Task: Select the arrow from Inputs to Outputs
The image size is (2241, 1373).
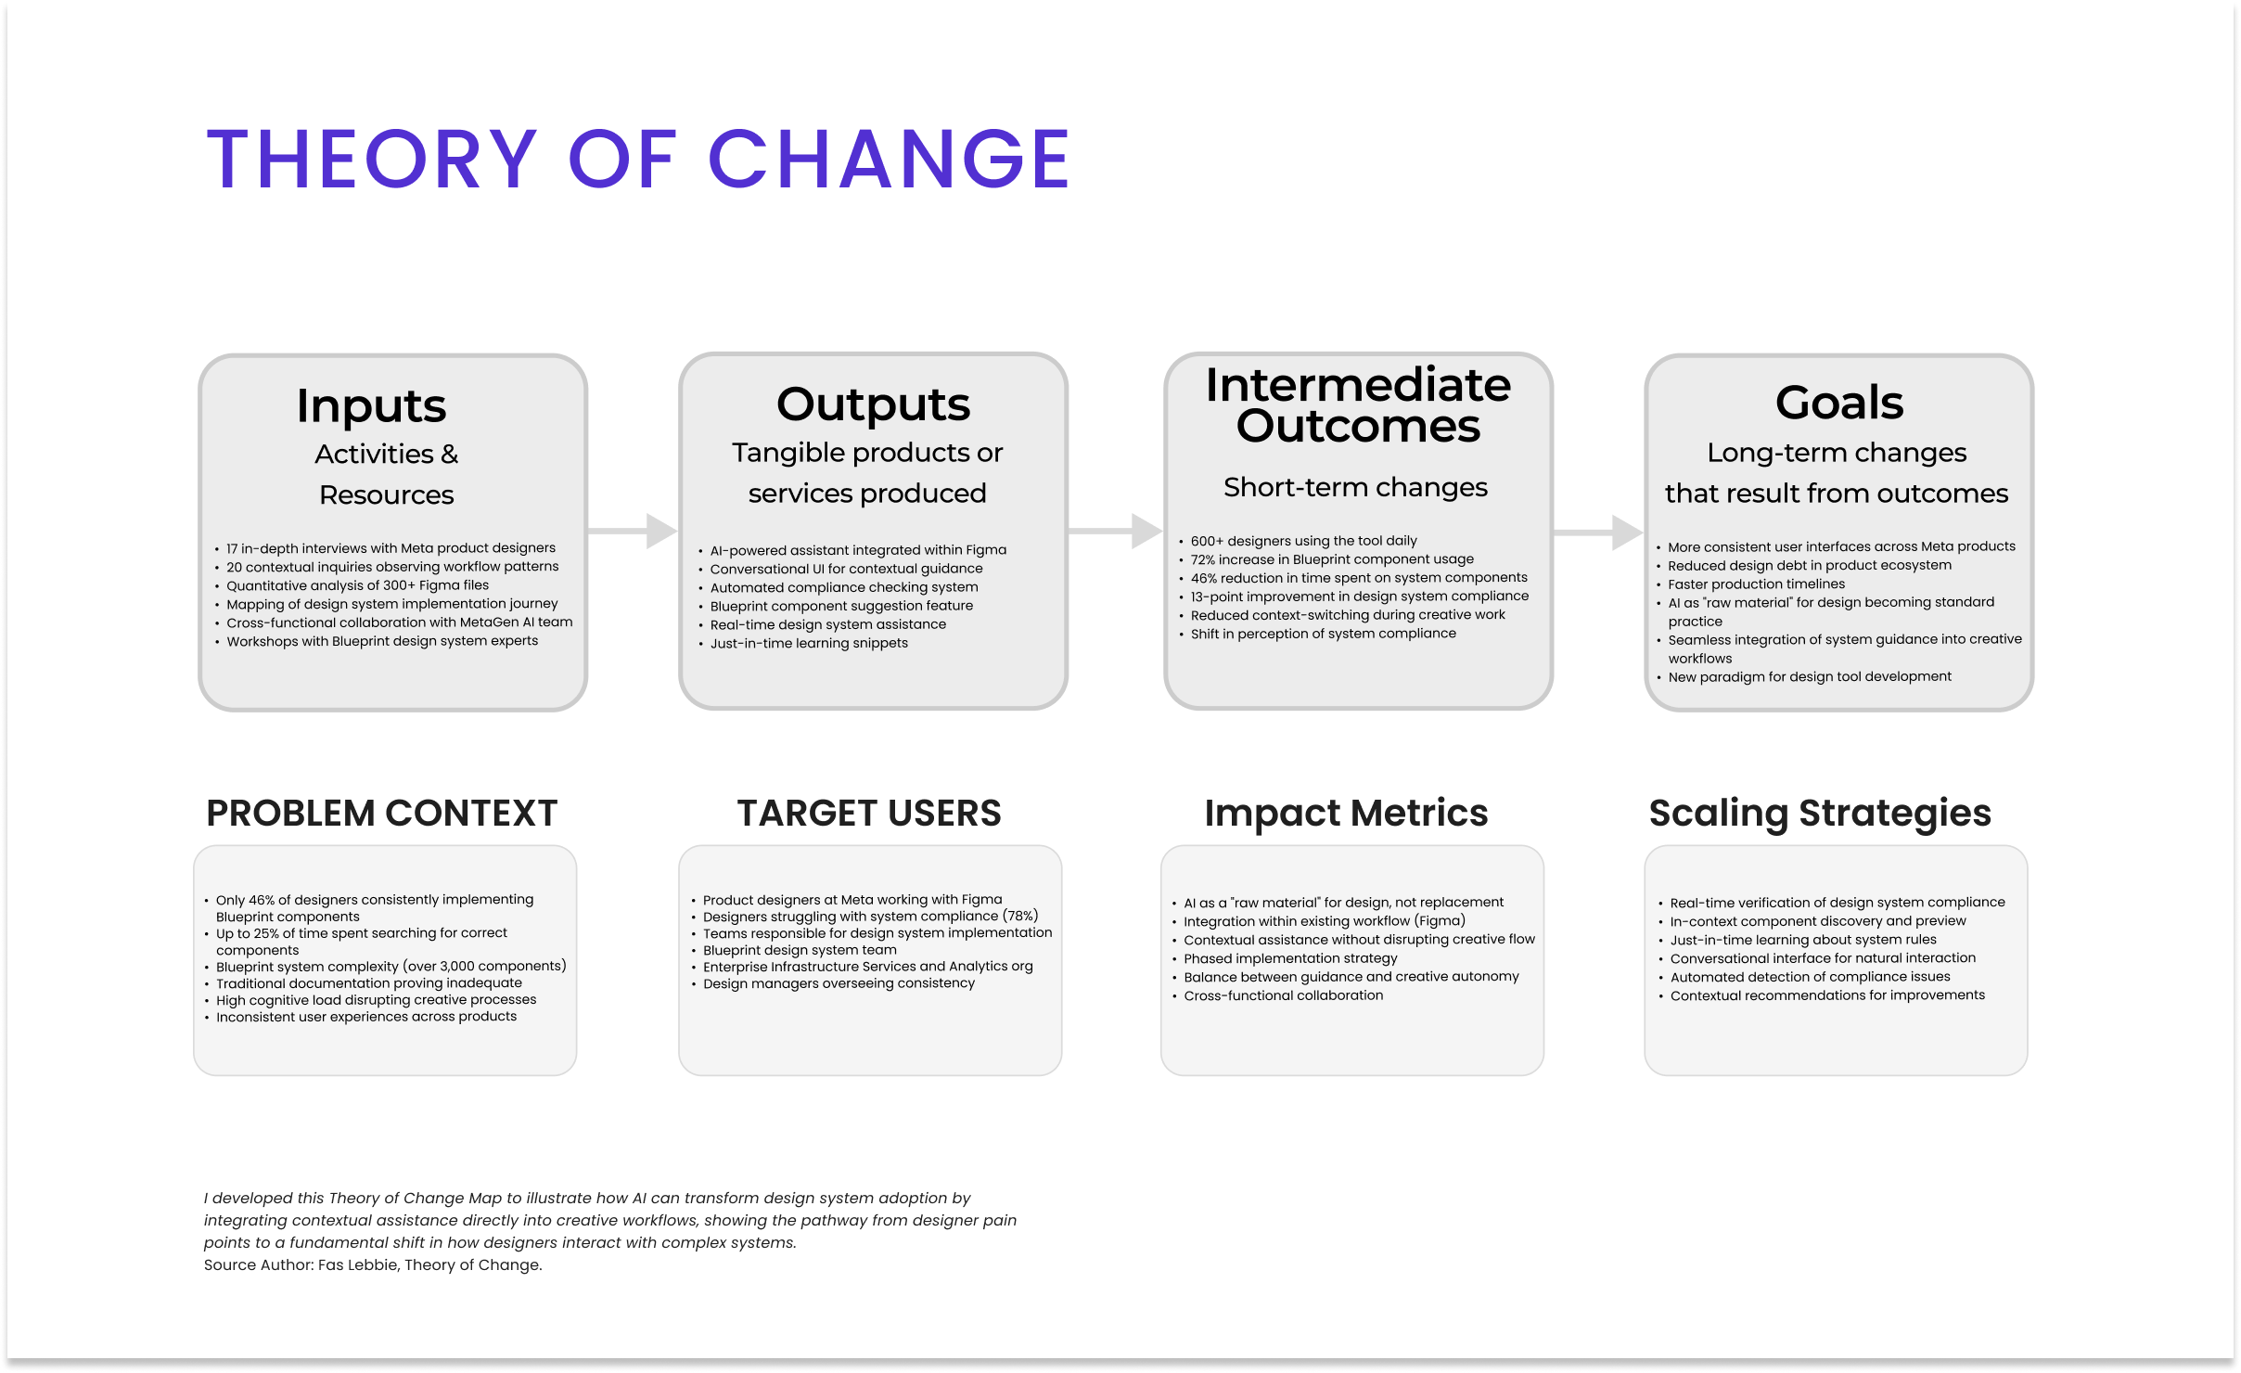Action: [x=633, y=531]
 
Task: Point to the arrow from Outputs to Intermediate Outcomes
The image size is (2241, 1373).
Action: [x=1115, y=531]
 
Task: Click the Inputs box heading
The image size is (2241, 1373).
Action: [x=371, y=406]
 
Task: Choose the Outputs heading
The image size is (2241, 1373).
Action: [x=873, y=404]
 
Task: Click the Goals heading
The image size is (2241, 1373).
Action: [x=1839, y=403]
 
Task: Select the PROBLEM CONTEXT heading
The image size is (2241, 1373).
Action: [x=381, y=813]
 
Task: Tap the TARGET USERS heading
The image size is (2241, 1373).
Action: [x=869, y=813]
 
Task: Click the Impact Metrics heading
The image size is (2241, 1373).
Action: [x=1346, y=813]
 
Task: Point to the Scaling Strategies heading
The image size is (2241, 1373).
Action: [x=1820, y=814]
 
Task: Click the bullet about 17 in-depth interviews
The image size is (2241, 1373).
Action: [x=391, y=548]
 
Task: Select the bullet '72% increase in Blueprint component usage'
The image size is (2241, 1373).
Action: [x=1332, y=559]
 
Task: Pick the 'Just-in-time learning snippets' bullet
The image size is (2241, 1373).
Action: [x=809, y=643]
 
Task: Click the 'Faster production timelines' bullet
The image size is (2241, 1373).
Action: [x=1756, y=584]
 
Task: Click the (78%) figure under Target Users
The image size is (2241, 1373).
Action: [x=1020, y=916]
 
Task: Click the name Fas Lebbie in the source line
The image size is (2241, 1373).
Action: [x=358, y=1264]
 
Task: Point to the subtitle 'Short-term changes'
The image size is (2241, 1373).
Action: [x=1355, y=487]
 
